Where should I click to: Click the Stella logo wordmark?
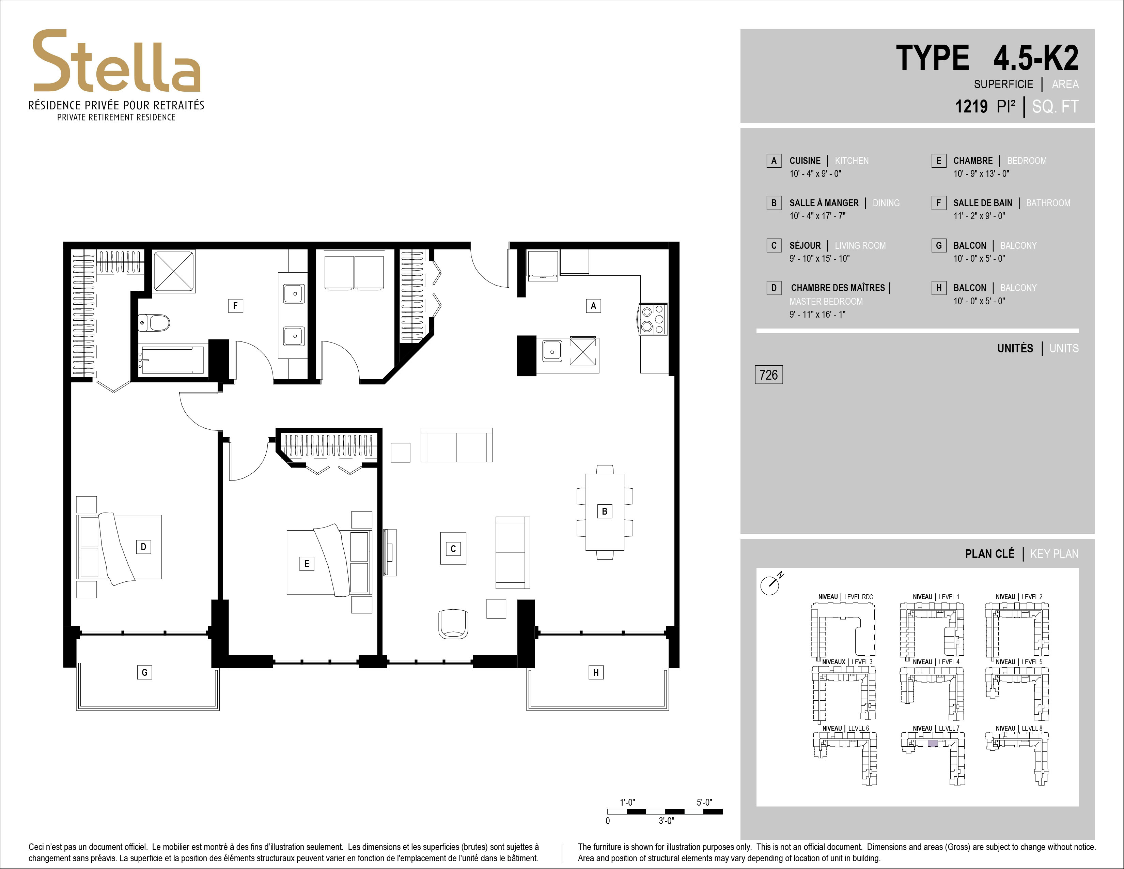pos(117,61)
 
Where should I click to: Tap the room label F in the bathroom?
pos(235,306)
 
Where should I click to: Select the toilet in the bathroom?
pos(154,323)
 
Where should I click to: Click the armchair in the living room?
pos(453,624)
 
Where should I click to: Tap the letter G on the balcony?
pos(145,672)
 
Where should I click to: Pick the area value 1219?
pos(971,107)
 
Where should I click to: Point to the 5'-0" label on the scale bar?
pos(704,802)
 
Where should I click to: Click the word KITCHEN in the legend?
pos(852,161)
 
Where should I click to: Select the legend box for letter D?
pos(774,288)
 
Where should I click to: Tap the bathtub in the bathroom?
pos(172,359)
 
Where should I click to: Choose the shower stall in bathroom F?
pos(174,271)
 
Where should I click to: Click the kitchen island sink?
pos(552,352)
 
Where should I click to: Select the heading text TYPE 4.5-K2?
pos(987,58)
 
